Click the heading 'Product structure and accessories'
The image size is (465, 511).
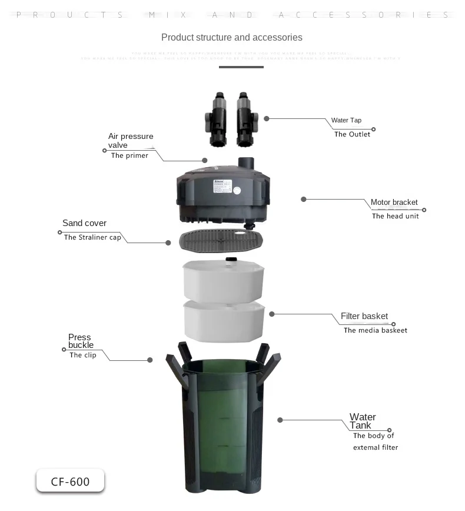(x=231, y=38)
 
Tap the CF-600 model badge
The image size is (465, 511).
(x=70, y=481)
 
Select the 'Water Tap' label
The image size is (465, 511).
(x=346, y=120)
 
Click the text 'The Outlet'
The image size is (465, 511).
(x=352, y=134)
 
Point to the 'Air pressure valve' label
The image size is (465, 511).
(x=130, y=141)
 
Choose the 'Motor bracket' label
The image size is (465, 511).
(x=394, y=203)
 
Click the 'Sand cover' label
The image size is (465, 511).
(x=84, y=223)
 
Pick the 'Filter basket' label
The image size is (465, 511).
(x=364, y=316)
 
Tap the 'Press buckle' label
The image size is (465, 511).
(x=81, y=341)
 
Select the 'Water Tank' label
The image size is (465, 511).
(x=362, y=421)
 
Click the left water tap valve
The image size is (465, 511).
(x=216, y=120)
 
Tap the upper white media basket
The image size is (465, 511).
(x=224, y=280)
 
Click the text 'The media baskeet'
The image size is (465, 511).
(x=376, y=330)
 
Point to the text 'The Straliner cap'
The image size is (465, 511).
(x=92, y=237)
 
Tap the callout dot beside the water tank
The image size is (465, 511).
(x=280, y=420)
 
